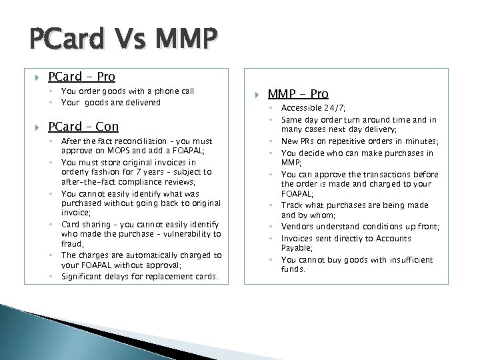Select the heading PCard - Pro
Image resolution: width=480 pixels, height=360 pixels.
[x=81, y=77]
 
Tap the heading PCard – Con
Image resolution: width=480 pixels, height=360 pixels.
[x=83, y=126]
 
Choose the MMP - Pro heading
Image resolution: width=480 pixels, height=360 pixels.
[x=298, y=94]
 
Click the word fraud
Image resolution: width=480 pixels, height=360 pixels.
[x=71, y=245]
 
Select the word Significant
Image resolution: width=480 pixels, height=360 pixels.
[x=84, y=276]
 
